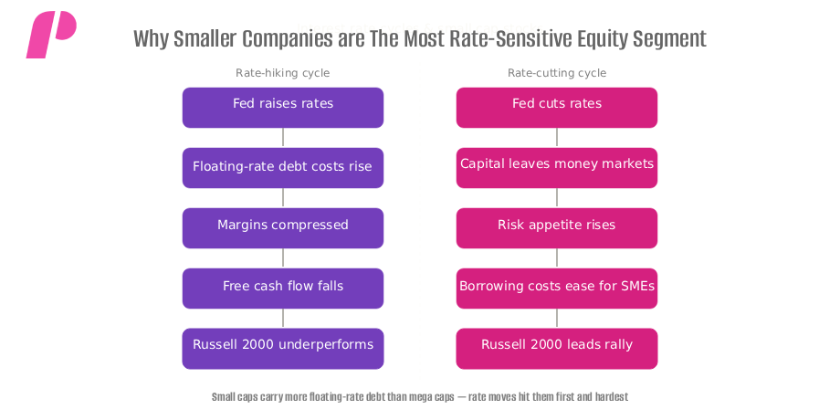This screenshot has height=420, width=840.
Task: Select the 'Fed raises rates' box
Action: [283, 107]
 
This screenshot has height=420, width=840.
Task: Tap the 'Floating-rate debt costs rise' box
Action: [283, 167]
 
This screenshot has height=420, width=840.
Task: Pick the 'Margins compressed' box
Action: [283, 227]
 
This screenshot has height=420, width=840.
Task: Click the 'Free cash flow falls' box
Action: [283, 288]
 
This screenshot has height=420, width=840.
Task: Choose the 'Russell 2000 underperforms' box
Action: [283, 348]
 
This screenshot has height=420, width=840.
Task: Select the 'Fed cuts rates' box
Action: [557, 107]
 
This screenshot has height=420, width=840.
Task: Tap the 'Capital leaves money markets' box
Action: [557, 167]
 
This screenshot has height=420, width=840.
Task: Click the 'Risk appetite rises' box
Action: [557, 227]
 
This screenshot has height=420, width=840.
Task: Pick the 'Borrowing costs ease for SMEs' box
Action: [557, 288]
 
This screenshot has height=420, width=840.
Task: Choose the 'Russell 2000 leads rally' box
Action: [557, 348]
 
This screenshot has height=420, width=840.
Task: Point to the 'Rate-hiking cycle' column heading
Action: [283, 73]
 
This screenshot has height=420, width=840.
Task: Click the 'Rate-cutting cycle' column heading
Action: [557, 73]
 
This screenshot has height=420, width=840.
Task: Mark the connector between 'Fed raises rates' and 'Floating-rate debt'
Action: [283, 137]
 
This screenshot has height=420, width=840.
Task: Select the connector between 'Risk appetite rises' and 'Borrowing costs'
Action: [557, 257]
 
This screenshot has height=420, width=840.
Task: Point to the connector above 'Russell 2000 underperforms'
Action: [283, 318]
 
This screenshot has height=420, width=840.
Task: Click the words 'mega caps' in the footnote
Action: [436, 397]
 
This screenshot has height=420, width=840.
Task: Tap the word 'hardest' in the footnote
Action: [611, 397]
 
